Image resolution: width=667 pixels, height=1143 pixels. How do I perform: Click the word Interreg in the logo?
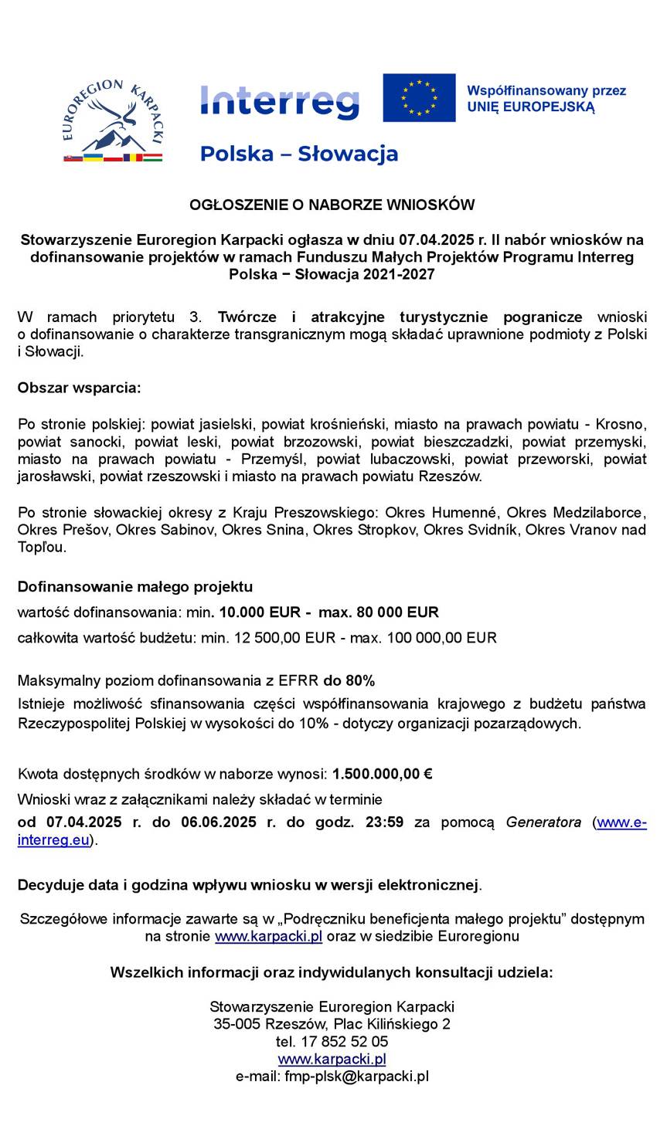279,101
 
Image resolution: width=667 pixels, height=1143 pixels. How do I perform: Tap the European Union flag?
419,97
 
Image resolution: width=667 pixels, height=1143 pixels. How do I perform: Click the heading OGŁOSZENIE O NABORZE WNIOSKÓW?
332,205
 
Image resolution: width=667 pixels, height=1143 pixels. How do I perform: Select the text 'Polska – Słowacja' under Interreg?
298,154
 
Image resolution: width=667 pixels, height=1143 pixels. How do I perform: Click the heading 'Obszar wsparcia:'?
79,388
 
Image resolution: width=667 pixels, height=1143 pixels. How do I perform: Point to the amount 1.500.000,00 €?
382,774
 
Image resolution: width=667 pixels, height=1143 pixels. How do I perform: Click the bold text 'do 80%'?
349,680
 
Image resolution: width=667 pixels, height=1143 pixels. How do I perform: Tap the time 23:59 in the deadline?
384,822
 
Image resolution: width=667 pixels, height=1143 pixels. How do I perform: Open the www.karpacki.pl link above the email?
332,1059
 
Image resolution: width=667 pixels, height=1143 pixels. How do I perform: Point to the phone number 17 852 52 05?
345,1041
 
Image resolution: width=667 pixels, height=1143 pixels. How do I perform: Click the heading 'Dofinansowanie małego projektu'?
134,586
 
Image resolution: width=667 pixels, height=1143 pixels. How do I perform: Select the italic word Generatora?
543,822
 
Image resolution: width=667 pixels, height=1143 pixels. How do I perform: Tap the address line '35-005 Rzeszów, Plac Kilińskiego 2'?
332,1024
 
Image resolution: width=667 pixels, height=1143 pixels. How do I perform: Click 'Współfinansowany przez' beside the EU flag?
546,90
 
